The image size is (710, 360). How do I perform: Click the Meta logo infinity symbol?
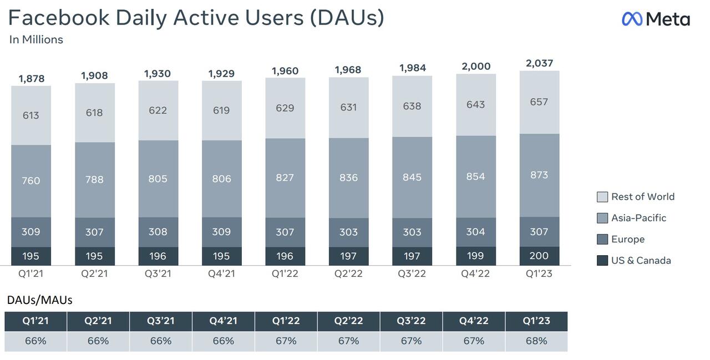coord(632,19)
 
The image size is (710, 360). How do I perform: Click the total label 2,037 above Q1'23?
coord(539,63)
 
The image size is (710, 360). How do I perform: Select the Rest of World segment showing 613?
coord(31,115)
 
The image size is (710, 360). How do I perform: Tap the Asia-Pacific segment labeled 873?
coord(540,175)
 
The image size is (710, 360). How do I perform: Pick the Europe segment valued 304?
coord(476,232)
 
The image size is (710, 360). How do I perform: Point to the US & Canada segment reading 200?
coord(540,256)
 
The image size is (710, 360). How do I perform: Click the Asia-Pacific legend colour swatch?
coord(602,218)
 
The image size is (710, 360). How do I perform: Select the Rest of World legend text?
coord(643,197)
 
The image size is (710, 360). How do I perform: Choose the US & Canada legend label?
coord(641,261)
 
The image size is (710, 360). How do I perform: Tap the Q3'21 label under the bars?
coord(158,273)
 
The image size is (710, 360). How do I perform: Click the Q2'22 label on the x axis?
coord(348,273)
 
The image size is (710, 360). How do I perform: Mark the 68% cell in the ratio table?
coord(536,341)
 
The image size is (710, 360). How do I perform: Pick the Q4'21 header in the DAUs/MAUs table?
coord(223,321)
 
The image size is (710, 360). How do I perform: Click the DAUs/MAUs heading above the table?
coord(39,300)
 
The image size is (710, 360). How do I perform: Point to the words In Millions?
coord(36,39)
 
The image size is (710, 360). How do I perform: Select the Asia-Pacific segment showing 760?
coord(31,181)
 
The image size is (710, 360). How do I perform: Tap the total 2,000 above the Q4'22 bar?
coord(476,67)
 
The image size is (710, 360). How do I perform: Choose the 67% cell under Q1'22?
coord(286,341)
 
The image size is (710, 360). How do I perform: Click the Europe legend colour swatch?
coord(602,239)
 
